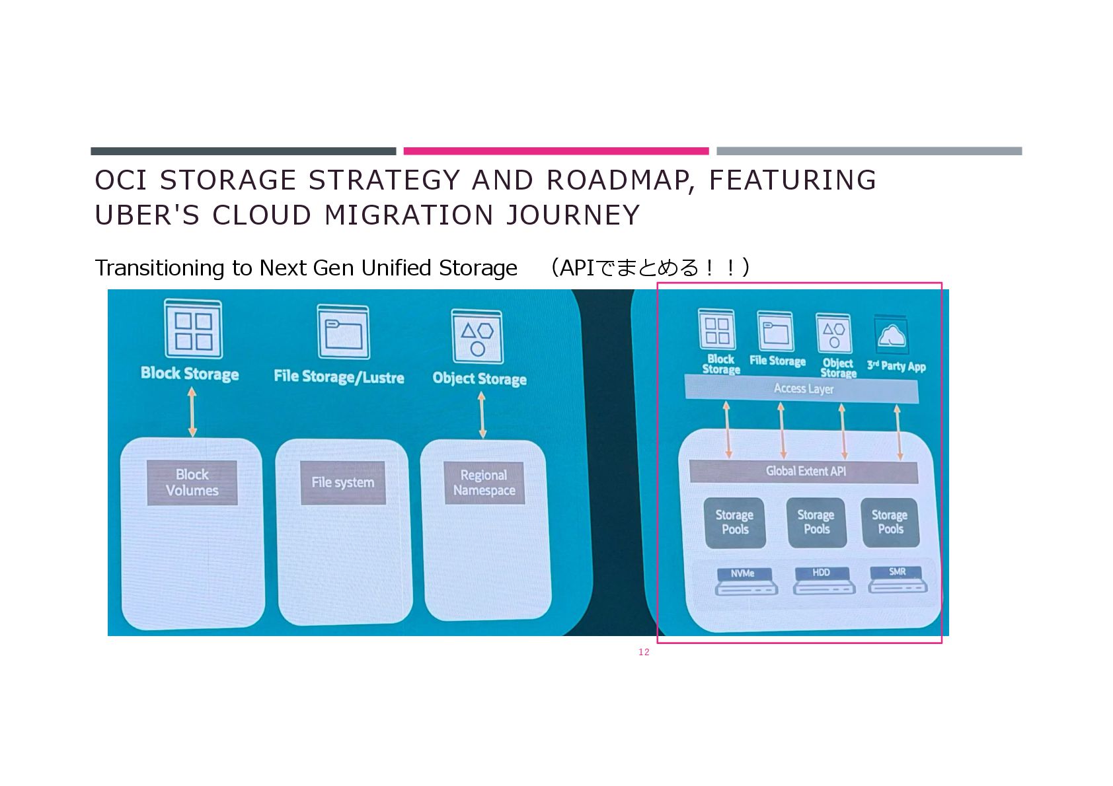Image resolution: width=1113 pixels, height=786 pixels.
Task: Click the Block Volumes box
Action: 192,483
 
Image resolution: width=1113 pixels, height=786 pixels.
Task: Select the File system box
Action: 342,483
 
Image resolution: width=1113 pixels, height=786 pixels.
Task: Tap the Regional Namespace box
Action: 484,483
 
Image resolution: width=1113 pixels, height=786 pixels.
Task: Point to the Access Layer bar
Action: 802,388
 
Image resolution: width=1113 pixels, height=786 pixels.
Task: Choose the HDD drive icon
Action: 824,581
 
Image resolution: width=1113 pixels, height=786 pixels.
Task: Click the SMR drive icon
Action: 898,579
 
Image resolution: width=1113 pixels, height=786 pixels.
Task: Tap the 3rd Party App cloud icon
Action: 892,336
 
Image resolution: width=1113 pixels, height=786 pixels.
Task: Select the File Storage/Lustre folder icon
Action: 343,332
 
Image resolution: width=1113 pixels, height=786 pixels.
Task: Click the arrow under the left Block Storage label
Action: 192,412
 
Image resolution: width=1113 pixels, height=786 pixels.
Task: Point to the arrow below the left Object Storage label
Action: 482,415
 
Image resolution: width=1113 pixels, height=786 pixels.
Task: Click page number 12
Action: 644,652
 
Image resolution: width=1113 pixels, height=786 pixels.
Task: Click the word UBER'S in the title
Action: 147,215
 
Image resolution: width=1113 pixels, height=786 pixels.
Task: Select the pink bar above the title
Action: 556,151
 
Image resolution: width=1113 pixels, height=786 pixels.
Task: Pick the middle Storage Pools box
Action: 816,522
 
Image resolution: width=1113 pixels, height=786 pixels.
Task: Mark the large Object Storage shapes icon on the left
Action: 477,337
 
